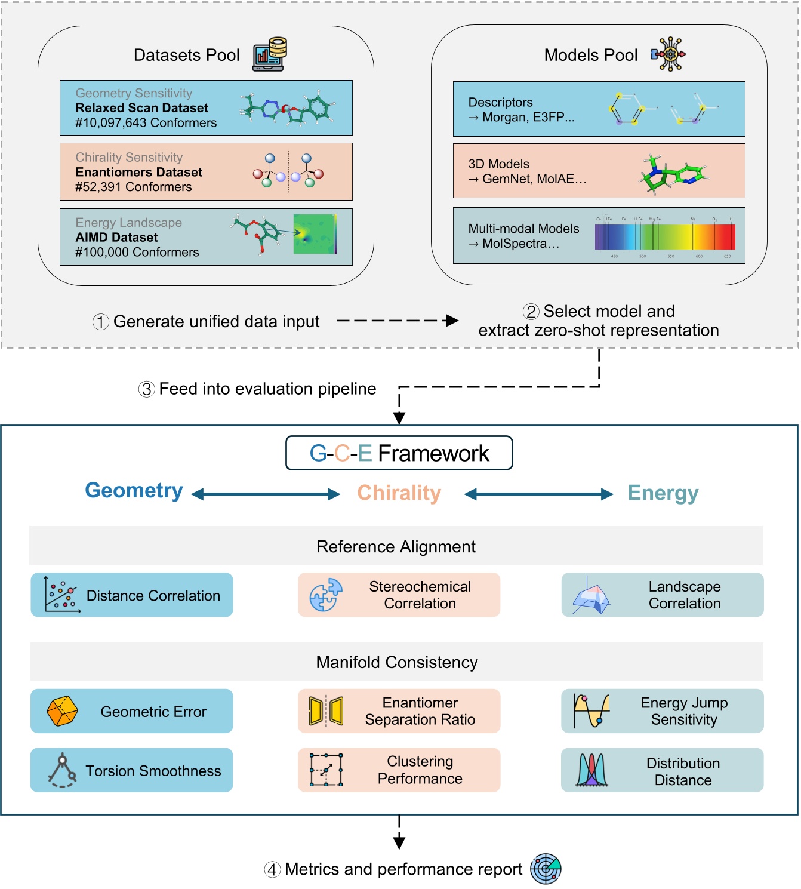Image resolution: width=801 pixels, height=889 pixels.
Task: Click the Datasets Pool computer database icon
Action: coord(270,54)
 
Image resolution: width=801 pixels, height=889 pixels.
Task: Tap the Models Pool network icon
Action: coord(668,54)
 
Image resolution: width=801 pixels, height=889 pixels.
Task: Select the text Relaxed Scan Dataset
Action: coord(141,108)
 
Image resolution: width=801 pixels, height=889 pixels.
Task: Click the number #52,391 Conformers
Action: coord(133,187)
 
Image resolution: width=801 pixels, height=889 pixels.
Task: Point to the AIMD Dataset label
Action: coord(116,237)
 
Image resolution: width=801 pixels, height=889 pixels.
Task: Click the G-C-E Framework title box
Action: coord(399,453)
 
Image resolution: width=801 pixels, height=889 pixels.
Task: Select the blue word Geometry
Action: coord(134,490)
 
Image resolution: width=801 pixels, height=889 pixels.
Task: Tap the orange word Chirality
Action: coord(399,493)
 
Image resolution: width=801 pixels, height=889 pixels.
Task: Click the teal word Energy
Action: coord(663,493)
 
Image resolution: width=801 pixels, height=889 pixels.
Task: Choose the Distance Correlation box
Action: coord(132,595)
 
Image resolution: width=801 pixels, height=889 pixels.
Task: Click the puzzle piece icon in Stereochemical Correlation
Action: coord(326,595)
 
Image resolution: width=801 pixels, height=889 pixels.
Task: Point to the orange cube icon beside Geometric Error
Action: coord(62,711)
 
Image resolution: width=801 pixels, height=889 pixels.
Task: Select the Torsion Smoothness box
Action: coord(132,770)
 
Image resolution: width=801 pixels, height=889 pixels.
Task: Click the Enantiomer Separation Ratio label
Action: coord(420,711)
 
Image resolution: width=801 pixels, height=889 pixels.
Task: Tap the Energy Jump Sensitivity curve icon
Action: coord(591,710)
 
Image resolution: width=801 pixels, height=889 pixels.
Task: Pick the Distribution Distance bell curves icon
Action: coord(591,770)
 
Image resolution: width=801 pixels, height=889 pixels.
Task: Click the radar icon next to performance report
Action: coord(546,869)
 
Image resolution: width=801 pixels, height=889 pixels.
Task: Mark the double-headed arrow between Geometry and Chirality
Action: coord(266,494)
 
